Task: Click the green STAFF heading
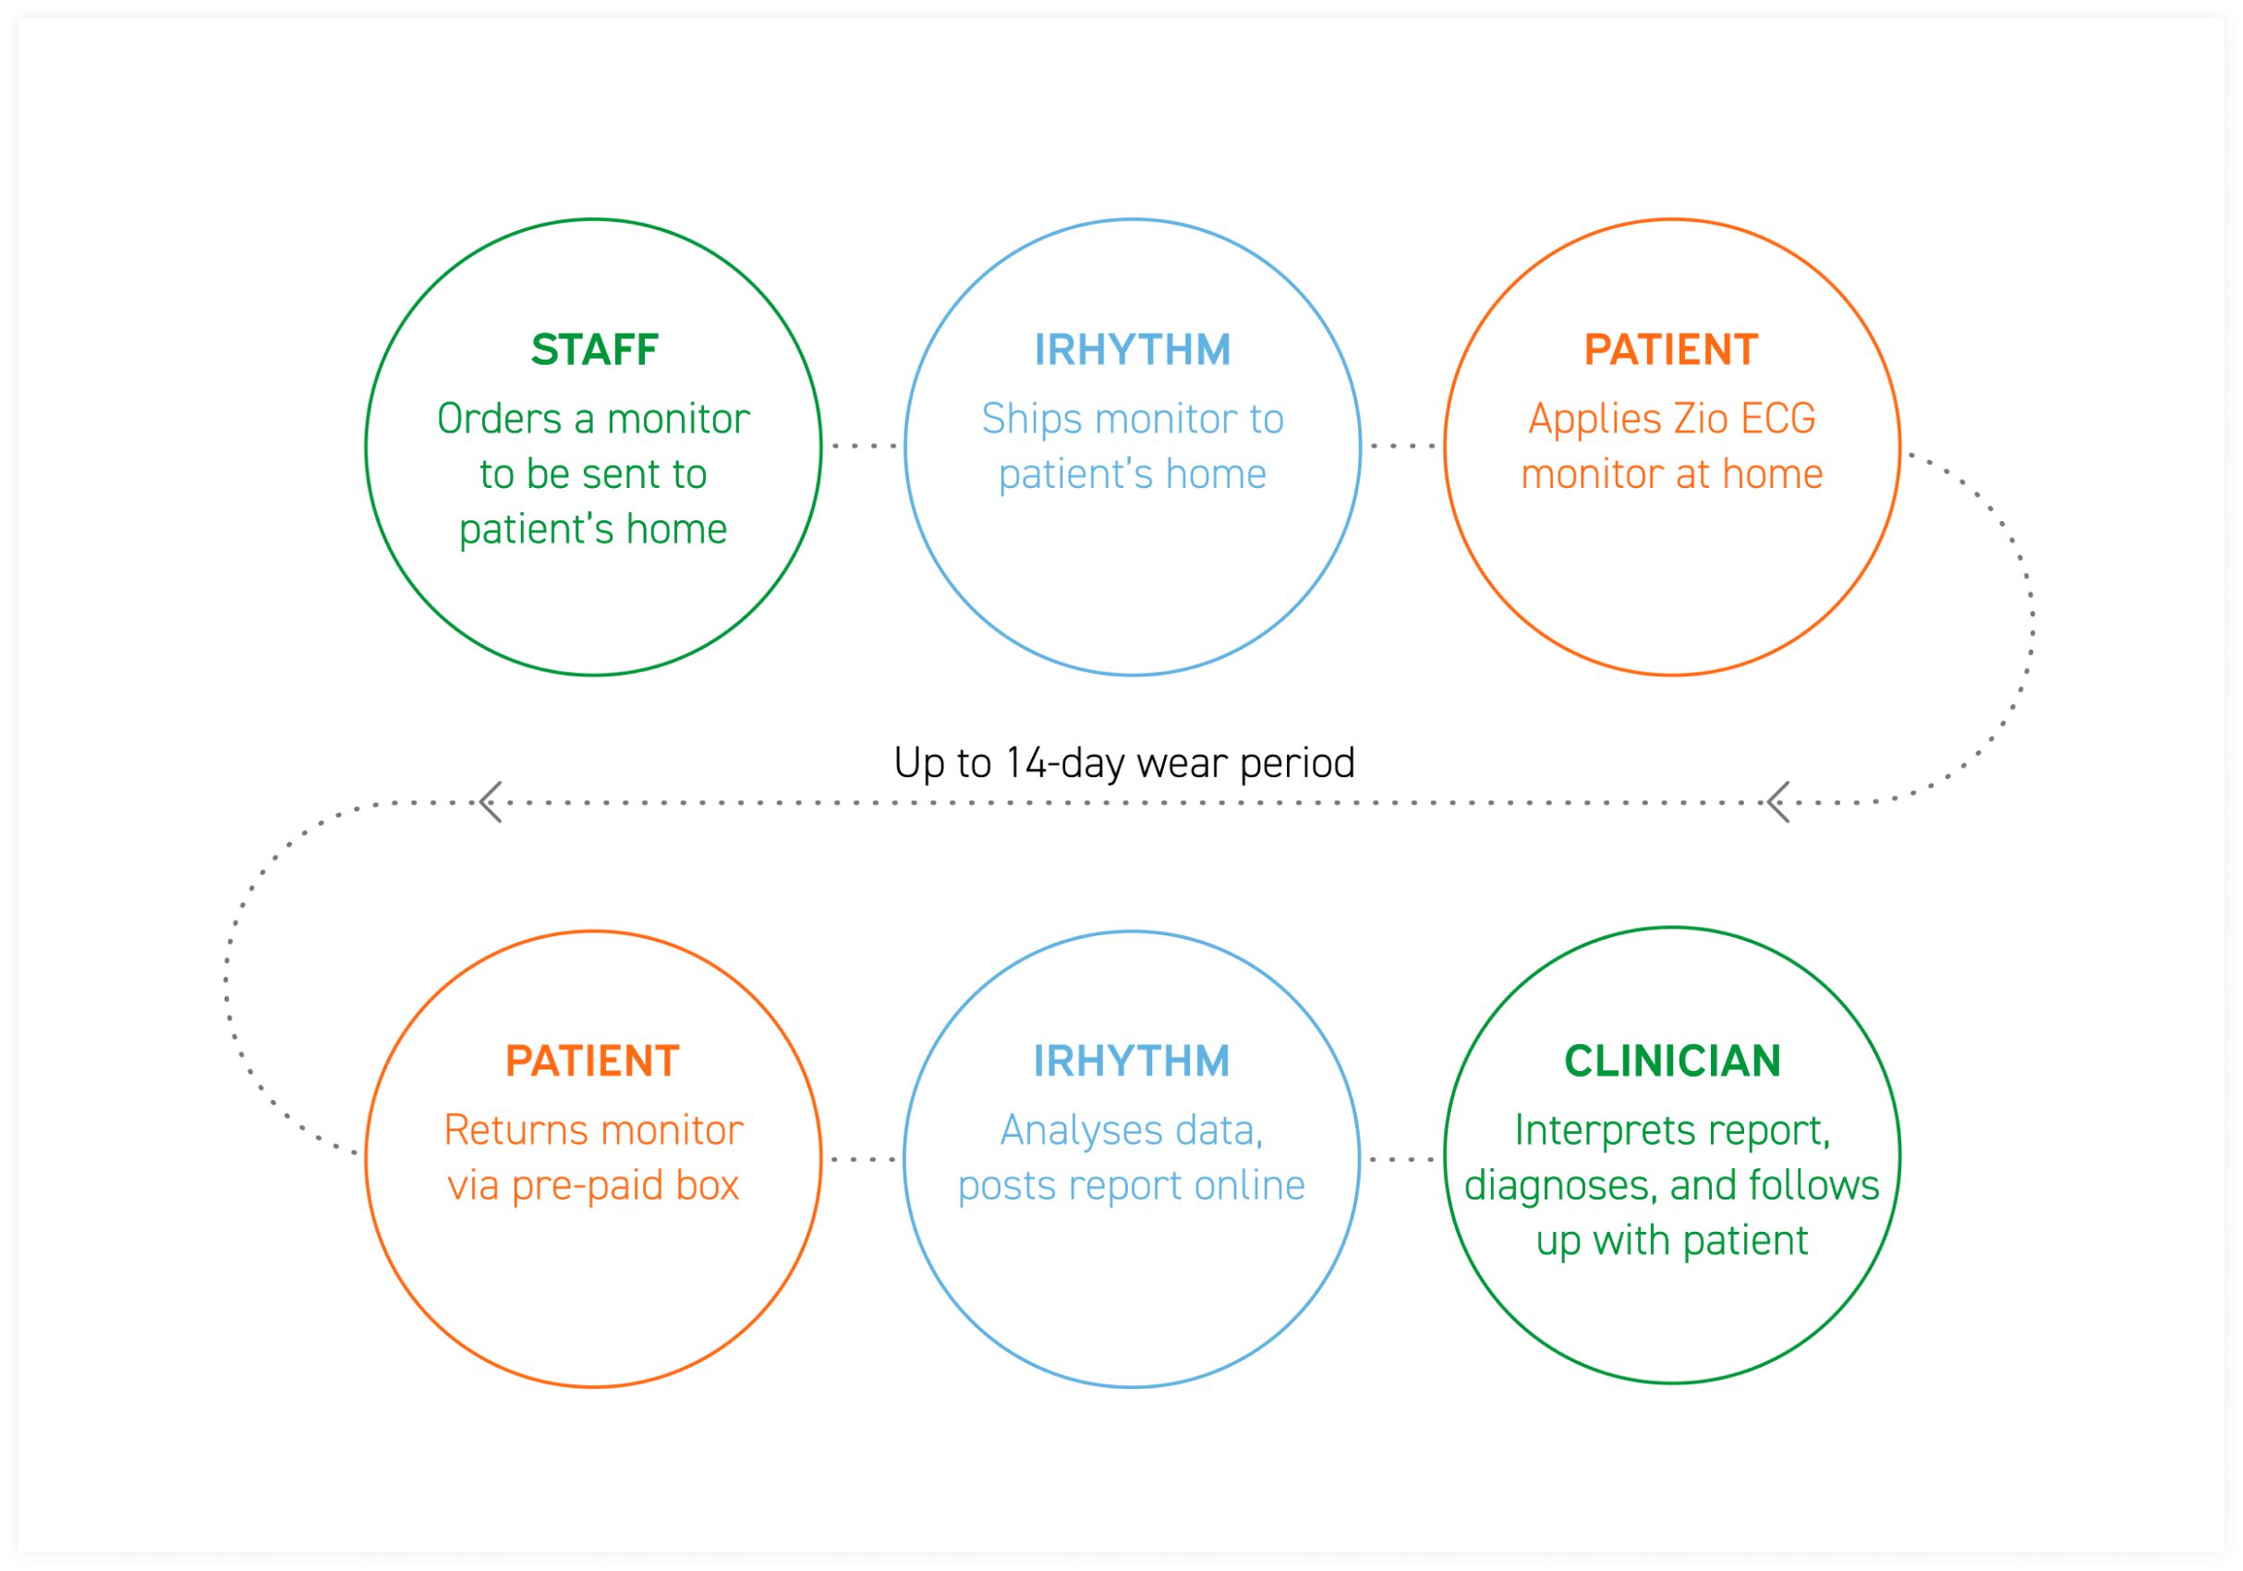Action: (x=594, y=349)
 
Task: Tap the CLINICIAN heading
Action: (x=1672, y=1061)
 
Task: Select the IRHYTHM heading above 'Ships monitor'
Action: (x=1133, y=349)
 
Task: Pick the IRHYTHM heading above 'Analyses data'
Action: (x=1132, y=1061)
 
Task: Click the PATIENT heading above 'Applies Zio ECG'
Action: (x=1671, y=349)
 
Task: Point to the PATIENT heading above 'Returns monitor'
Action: (x=592, y=1061)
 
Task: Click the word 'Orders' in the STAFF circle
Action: (x=499, y=420)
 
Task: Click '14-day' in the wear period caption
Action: (x=1066, y=763)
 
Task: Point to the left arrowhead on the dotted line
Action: (x=491, y=802)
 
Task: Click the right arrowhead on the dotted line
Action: (x=1778, y=802)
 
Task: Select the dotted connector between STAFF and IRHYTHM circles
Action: (x=864, y=445)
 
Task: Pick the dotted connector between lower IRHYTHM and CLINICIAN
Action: (x=1402, y=1160)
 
